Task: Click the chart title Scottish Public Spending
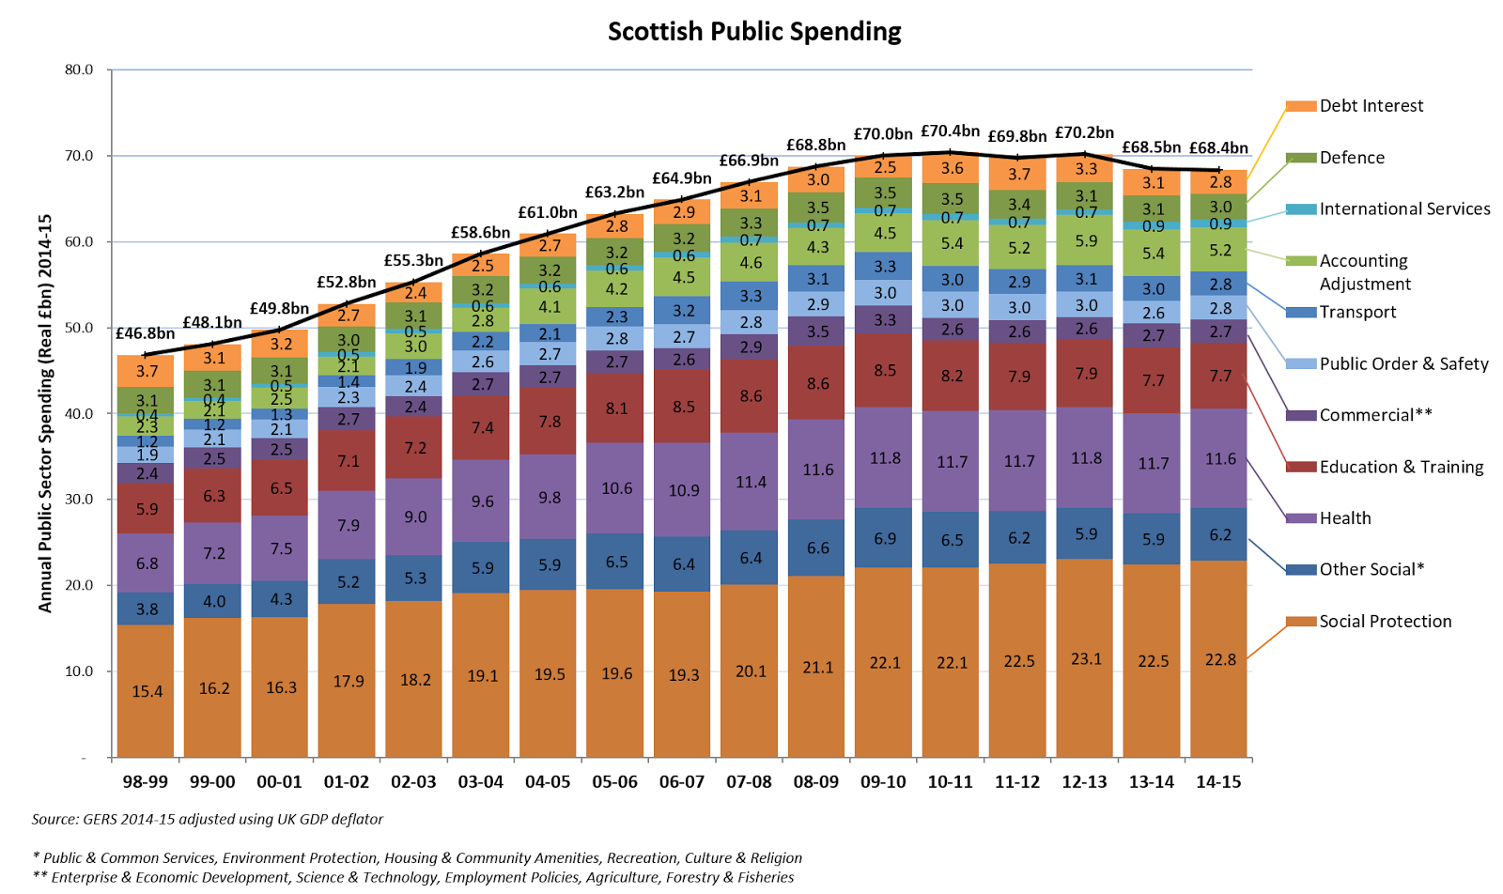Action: click(x=754, y=32)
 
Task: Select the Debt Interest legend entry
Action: click(x=1371, y=106)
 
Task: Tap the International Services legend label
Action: click(x=1404, y=209)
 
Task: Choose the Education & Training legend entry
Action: click(x=1401, y=467)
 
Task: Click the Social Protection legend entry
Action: click(x=1385, y=622)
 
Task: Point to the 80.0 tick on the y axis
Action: click(x=79, y=69)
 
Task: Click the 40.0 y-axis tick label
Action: click(x=79, y=413)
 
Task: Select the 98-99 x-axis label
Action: click(x=146, y=782)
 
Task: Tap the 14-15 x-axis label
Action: click(x=1218, y=782)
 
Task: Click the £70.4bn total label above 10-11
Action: click(x=950, y=131)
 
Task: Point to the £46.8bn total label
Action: click(x=145, y=333)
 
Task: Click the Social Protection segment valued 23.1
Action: click(x=1086, y=658)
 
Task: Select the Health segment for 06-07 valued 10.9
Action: click(x=683, y=490)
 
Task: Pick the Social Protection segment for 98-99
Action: click(x=147, y=691)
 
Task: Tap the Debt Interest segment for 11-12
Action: click(x=1018, y=174)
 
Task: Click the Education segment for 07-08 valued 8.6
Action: click(x=751, y=396)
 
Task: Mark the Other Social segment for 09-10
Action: click(x=885, y=539)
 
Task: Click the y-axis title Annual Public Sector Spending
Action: click(x=45, y=413)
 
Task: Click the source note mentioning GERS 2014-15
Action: click(x=208, y=819)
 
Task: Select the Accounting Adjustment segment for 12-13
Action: click(x=1086, y=240)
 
